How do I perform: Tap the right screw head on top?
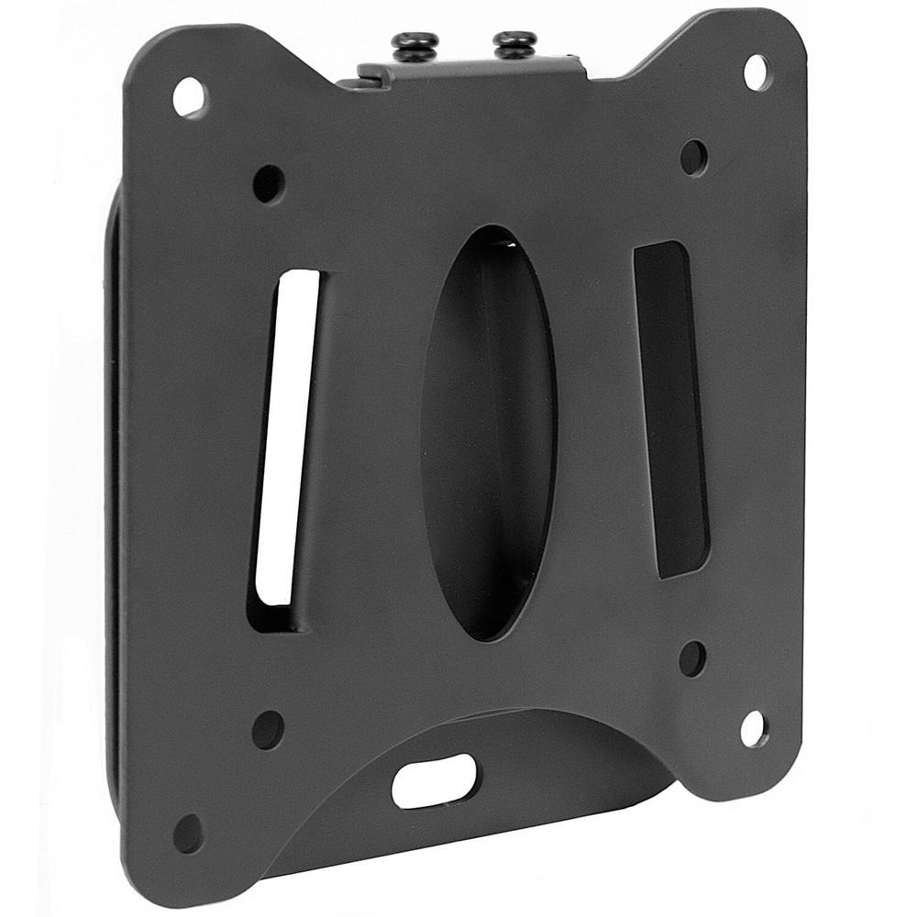(x=514, y=41)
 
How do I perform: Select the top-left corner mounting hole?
(x=189, y=96)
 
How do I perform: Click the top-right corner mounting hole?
(x=757, y=72)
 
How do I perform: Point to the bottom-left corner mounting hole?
(x=189, y=833)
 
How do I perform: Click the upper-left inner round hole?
(x=269, y=183)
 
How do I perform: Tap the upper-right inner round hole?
(x=694, y=158)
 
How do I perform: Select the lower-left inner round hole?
(x=268, y=729)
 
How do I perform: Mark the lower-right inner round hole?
(x=692, y=658)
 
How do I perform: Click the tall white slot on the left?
(x=286, y=438)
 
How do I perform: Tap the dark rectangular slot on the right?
(x=671, y=409)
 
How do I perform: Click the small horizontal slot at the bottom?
(x=435, y=780)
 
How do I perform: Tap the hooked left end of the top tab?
(x=362, y=77)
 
